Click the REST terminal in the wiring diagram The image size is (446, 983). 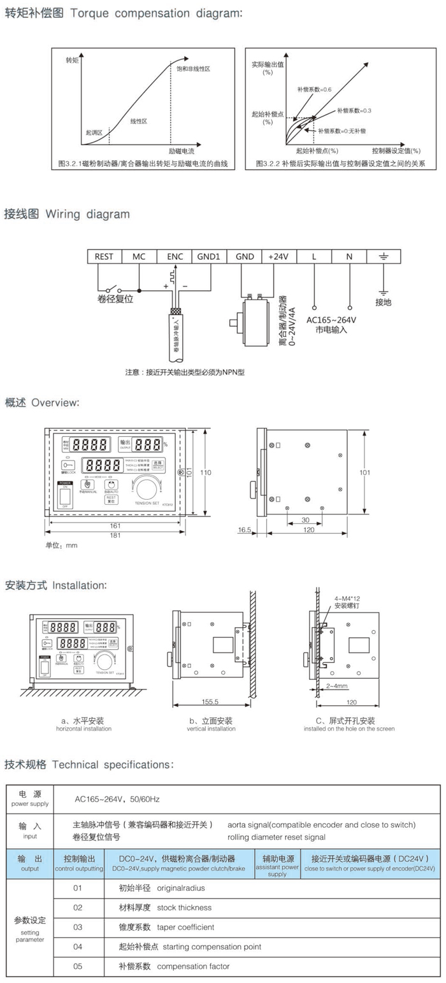[x=104, y=256]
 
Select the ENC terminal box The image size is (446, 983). [x=175, y=256]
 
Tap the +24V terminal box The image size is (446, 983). [x=278, y=256]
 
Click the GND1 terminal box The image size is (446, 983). [x=208, y=256]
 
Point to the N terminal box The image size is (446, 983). [x=349, y=256]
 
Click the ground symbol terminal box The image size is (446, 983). [x=383, y=256]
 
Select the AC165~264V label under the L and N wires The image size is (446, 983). [x=331, y=320]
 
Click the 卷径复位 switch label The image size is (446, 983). [x=115, y=299]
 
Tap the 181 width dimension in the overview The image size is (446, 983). [x=115, y=535]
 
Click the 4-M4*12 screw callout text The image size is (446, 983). [x=348, y=599]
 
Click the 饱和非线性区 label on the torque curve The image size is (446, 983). [x=194, y=68]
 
